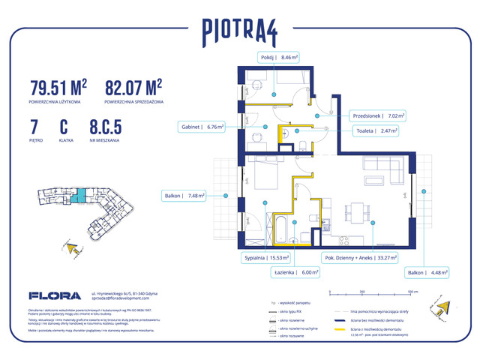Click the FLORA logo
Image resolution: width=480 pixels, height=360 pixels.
coord(49,295)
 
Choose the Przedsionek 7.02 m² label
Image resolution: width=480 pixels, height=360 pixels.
coord(377,116)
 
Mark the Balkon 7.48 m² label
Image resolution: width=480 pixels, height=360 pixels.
coord(185,196)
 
